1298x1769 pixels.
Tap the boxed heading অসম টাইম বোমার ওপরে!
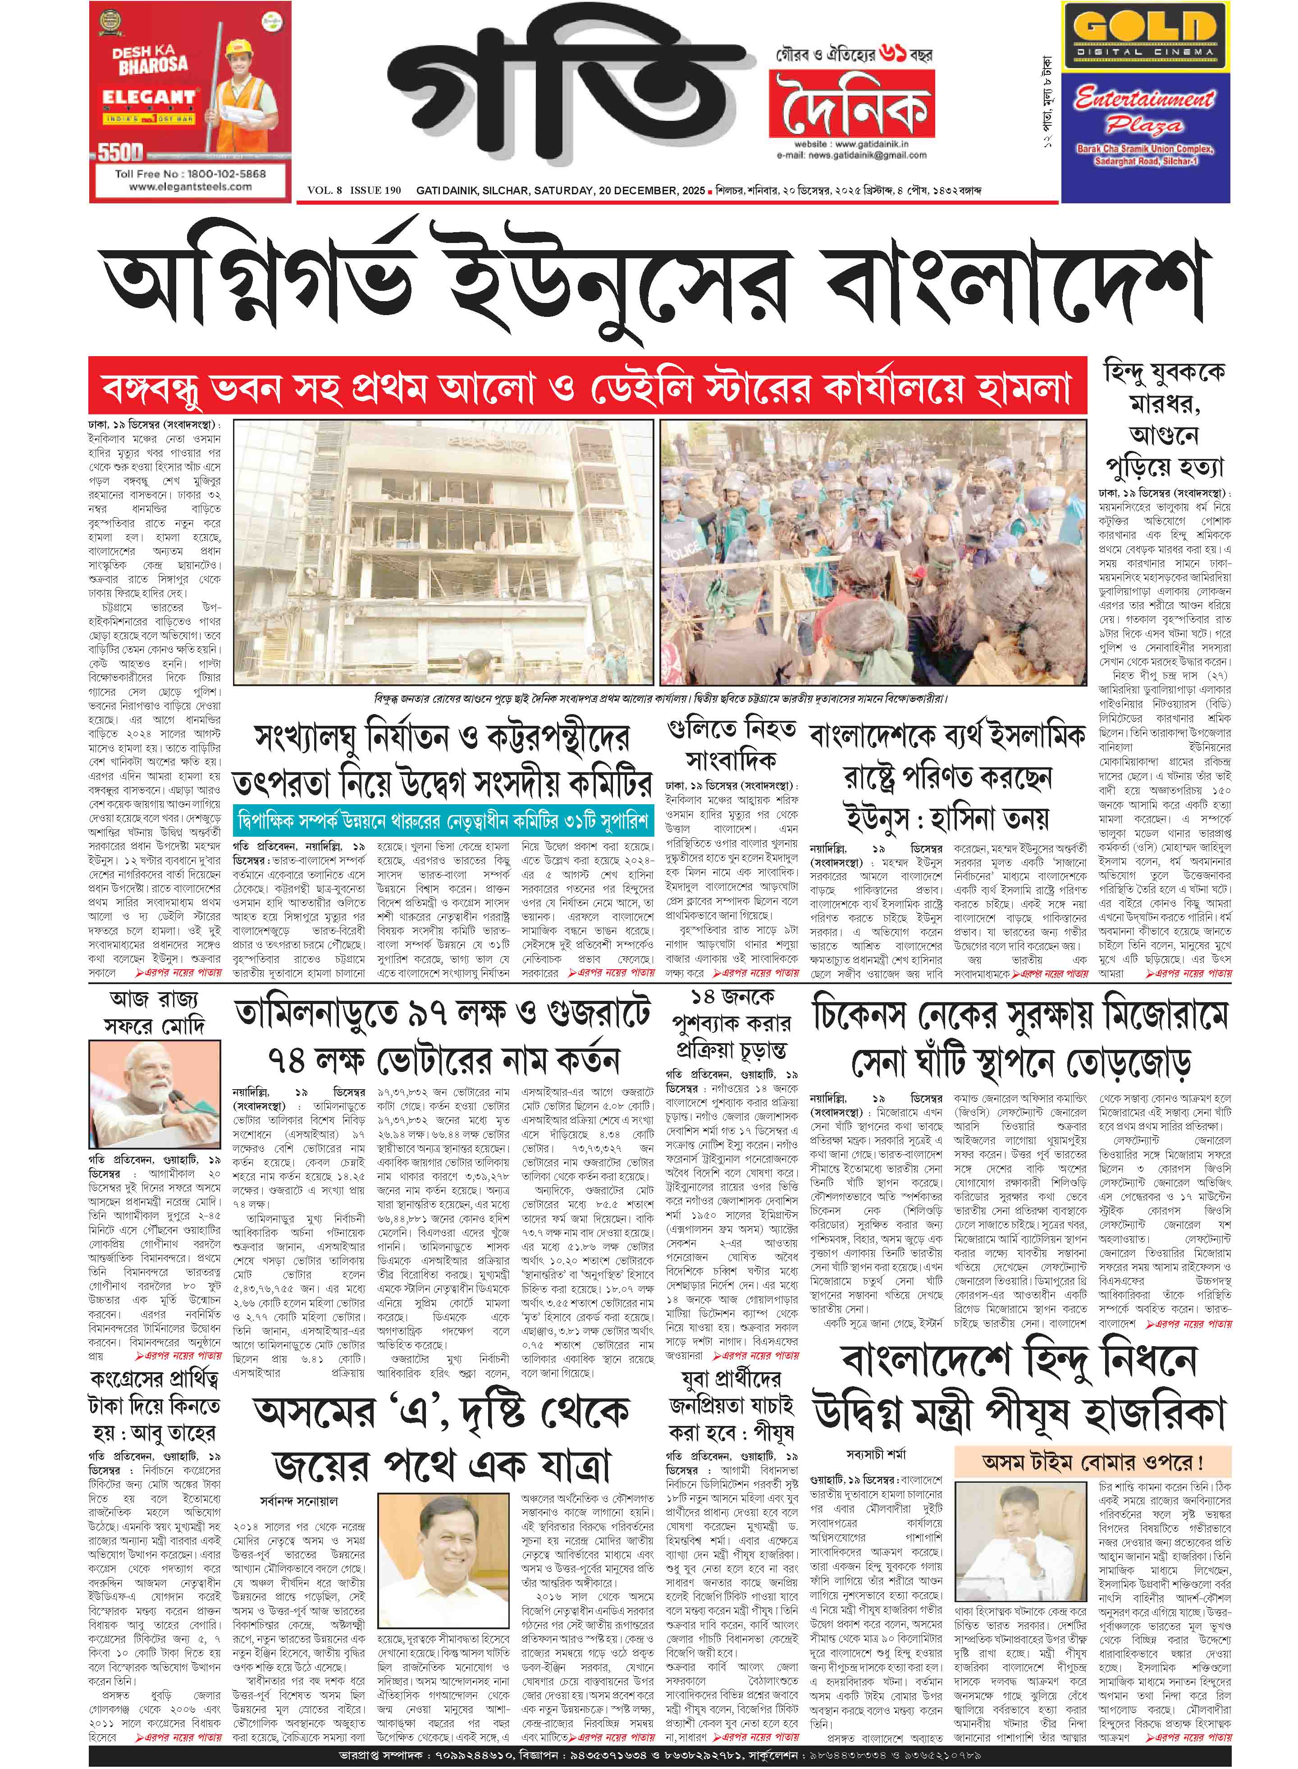1092,1462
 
